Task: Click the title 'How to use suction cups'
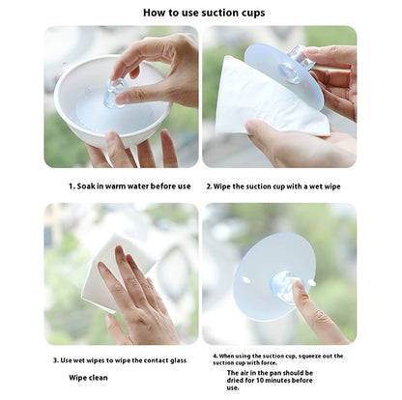click(x=204, y=13)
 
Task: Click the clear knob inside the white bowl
click(x=115, y=93)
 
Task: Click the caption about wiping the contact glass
click(x=120, y=360)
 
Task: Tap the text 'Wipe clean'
click(x=88, y=378)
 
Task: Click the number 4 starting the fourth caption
click(x=215, y=357)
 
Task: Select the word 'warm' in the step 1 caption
click(x=115, y=186)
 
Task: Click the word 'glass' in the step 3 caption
click(x=178, y=360)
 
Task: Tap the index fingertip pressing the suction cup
click(x=297, y=288)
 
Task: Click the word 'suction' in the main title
click(x=219, y=13)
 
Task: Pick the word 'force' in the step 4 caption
click(x=270, y=363)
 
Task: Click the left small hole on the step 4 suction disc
click(x=246, y=280)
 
